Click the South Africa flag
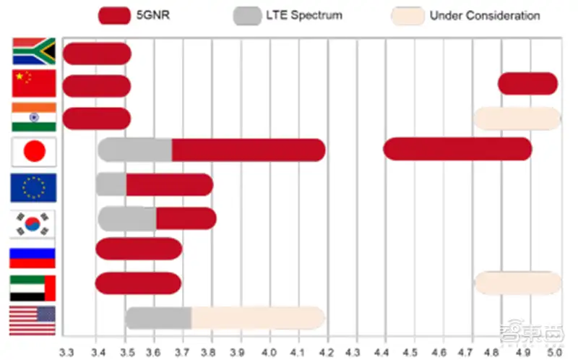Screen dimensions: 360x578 point(34,51)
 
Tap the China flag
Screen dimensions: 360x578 point(34,84)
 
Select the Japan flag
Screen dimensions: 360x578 point(34,152)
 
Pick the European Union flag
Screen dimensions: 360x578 point(34,187)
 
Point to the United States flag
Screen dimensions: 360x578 point(34,320)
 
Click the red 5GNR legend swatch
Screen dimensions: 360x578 point(114,15)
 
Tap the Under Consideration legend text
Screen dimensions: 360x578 point(485,15)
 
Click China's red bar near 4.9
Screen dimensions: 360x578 point(527,84)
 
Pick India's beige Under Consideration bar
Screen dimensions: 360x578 point(517,119)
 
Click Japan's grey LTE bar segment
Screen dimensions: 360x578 point(135,150)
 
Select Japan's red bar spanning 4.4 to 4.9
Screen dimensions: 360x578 point(457,149)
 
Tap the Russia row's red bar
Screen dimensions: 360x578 point(139,249)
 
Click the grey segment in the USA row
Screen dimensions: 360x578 point(158,318)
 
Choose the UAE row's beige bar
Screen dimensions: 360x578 point(517,283)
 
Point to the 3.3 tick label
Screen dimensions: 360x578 point(66,351)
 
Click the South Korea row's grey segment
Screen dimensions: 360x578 point(127,218)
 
